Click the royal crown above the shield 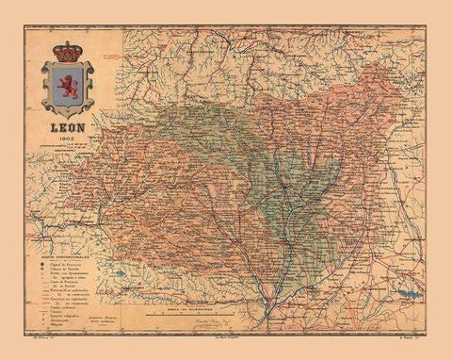pyautogui.click(x=67, y=51)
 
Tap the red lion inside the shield pyautogui.click(x=67, y=88)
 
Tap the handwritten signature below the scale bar pyautogui.click(x=226, y=320)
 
